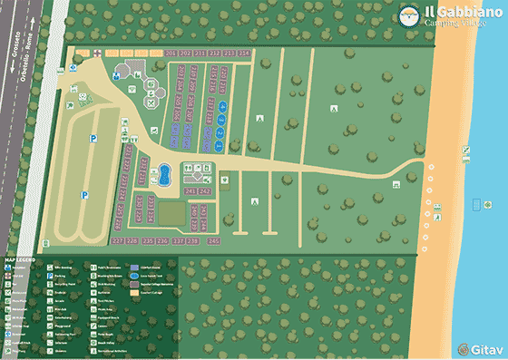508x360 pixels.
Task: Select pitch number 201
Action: click(171, 54)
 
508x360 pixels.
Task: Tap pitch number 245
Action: click(214, 241)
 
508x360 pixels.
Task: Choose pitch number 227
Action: click(118, 241)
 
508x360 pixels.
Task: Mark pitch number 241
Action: click(190, 192)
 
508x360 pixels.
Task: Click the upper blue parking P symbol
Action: click(93, 139)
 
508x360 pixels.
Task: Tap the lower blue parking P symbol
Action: click(84, 195)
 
